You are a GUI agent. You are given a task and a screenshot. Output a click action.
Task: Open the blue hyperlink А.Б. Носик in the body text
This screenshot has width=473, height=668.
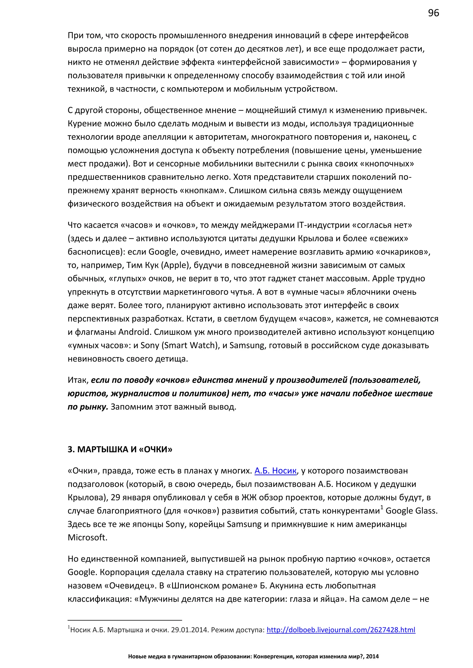click(x=275, y=471)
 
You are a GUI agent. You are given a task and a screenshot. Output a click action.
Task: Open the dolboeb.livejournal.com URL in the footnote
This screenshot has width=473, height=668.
click(x=341, y=630)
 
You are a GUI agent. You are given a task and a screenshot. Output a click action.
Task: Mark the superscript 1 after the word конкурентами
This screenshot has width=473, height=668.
click(x=382, y=508)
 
